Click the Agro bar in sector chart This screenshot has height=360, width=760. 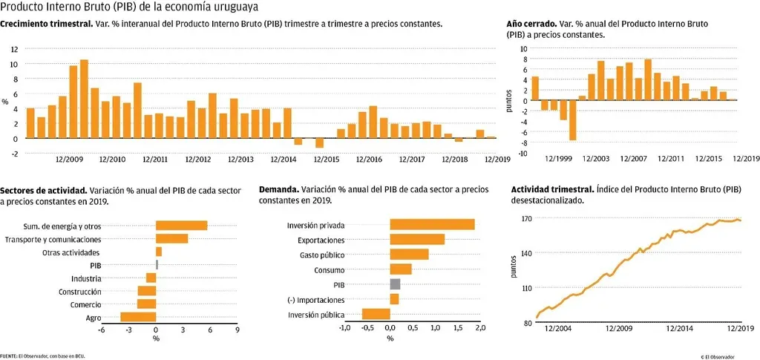click(x=138, y=318)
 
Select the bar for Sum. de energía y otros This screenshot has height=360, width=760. click(x=181, y=226)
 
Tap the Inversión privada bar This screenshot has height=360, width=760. click(x=432, y=225)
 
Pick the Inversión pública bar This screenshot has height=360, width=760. click(x=376, y=315)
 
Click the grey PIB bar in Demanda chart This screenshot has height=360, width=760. click(x=395, y=284)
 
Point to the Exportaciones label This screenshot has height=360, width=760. click(x=321, y=240)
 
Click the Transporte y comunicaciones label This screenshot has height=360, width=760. click(x=53, y=239)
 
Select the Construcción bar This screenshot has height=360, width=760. click(x=147, y=292)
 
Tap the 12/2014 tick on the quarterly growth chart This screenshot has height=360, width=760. click(x=284, y=159)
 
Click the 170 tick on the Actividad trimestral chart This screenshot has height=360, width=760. click(x=526, y=219)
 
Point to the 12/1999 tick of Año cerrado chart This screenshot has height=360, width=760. click(x=558, y=159)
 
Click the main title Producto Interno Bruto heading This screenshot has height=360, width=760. click(x=124, y=7)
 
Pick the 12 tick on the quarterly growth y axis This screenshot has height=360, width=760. click(x=14, y=49)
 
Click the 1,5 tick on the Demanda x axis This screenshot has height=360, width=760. click(x=457, y=327)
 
